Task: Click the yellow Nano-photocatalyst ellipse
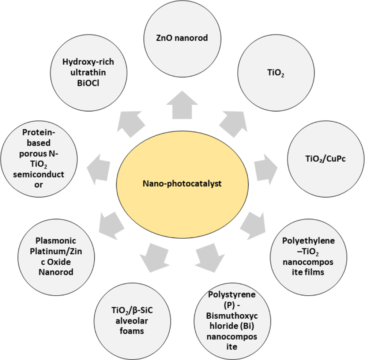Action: pos(182,184)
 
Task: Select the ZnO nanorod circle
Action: pos(182,39)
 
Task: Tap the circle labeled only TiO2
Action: pos(276,73)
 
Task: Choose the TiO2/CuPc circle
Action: pos(326,159)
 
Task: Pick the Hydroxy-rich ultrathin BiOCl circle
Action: pos(89,73)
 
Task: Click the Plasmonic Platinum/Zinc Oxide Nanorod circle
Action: pos(56,257)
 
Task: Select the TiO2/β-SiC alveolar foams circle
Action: pos(132,321)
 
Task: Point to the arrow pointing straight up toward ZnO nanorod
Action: pos(182,105)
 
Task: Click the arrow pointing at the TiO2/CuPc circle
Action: pos(266,169)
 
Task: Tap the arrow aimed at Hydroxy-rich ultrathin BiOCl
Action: pos(131,124)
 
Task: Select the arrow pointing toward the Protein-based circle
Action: pos(98,169)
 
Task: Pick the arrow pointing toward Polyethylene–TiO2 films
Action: pos(253,226)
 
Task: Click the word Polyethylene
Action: pos(308,241)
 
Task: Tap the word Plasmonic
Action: pos(56,240)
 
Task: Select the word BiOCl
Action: pos(88,83)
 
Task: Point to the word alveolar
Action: pos(132,321)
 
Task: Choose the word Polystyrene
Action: pos(232,295)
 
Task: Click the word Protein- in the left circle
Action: pos(39,132)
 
